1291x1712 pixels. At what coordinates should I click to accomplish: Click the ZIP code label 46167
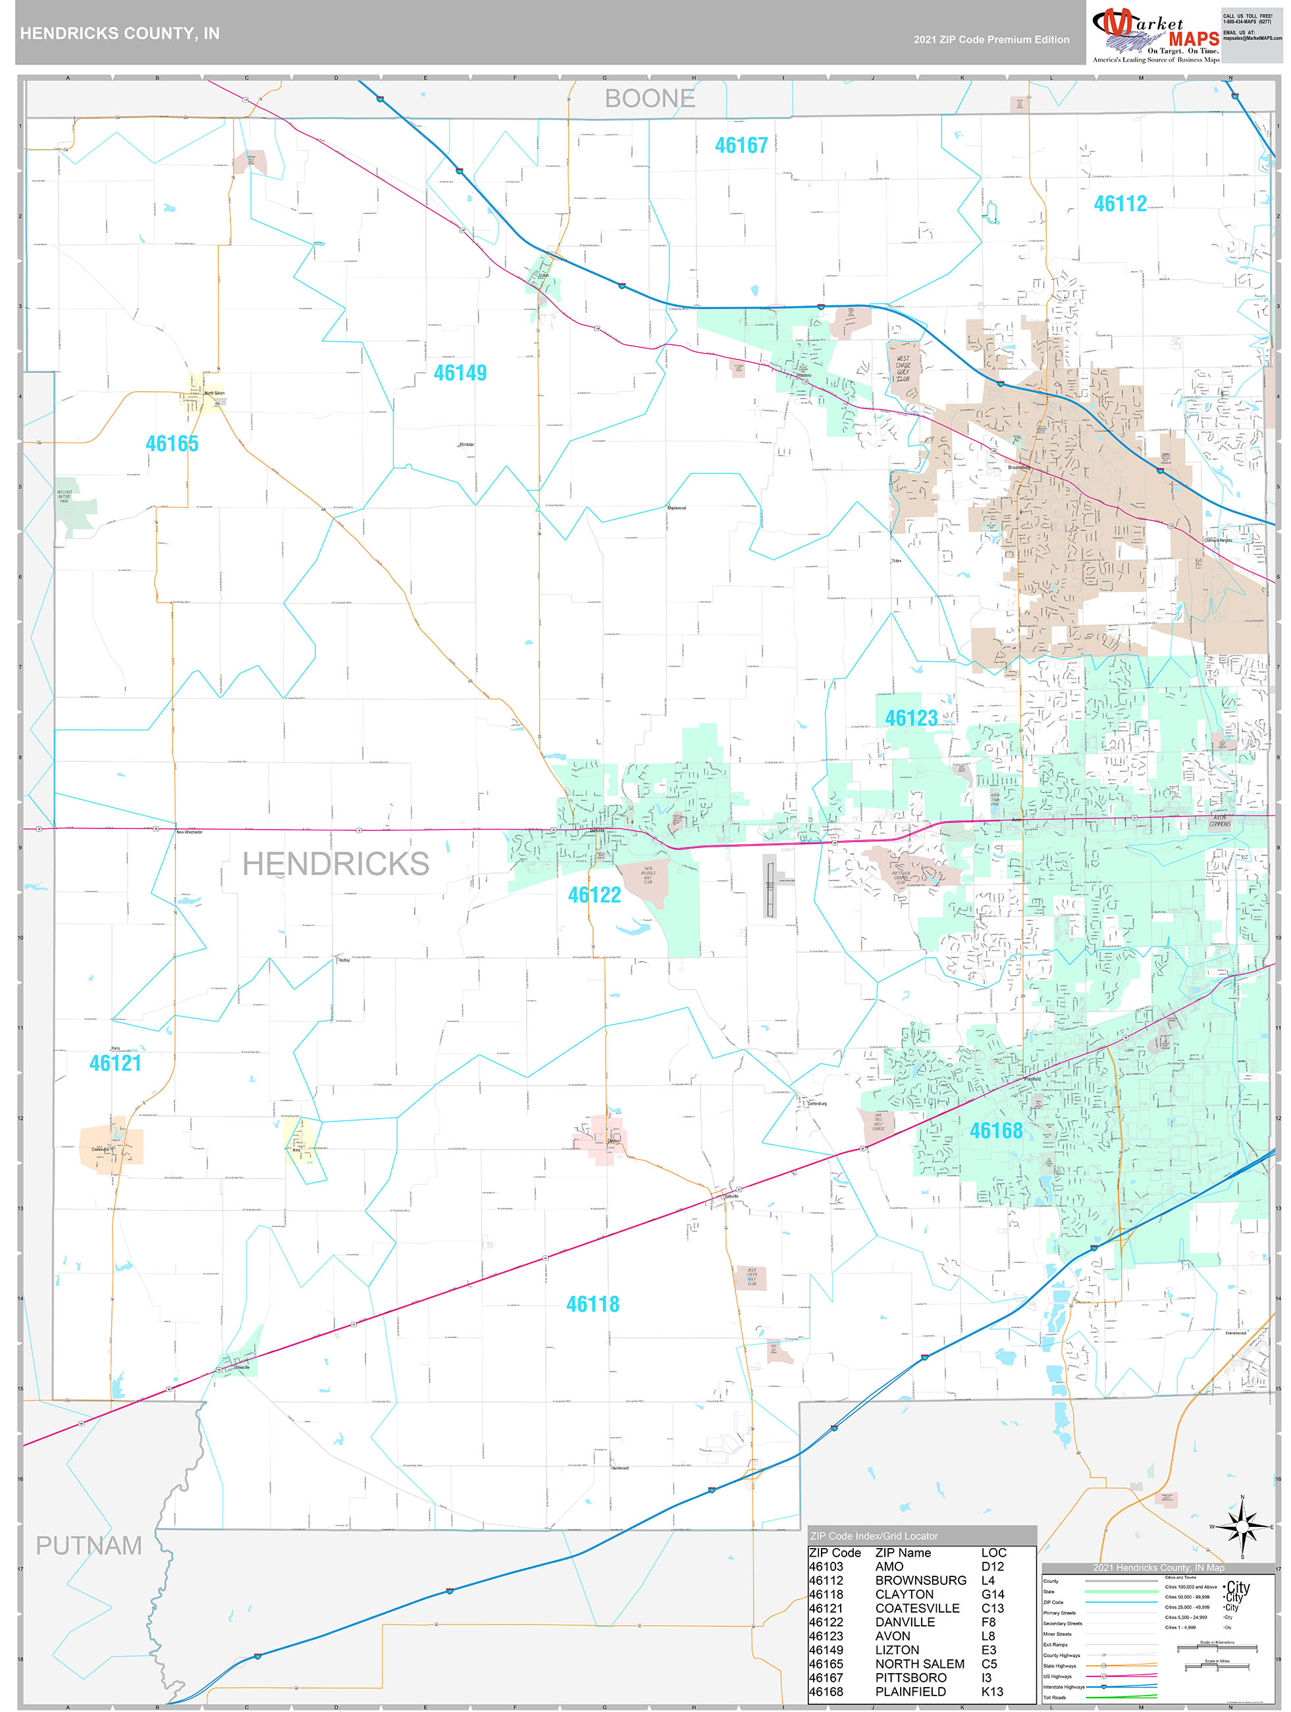741,146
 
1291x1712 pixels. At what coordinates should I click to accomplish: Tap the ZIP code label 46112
1119,203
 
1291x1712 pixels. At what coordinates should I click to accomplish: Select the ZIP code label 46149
460,373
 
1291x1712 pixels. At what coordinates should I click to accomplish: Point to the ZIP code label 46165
172,444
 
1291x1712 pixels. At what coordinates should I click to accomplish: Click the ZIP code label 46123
911,718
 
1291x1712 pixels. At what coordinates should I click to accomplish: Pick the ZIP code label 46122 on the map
594,895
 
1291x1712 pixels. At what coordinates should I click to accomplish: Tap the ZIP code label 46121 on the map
115,1063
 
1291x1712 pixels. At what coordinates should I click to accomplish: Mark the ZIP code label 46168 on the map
995,1131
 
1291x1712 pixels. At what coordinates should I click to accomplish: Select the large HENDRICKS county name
335,864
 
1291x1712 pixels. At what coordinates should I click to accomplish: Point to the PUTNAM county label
88,1545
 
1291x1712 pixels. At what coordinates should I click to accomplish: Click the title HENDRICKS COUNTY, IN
119,34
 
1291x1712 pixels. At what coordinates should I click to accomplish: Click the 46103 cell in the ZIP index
826,1566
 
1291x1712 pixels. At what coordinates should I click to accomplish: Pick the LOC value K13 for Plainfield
991,1691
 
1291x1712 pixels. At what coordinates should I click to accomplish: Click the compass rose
1242,1527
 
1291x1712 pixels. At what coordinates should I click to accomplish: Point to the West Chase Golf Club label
903,368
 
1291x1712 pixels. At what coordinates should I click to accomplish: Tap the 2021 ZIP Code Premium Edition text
991,40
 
